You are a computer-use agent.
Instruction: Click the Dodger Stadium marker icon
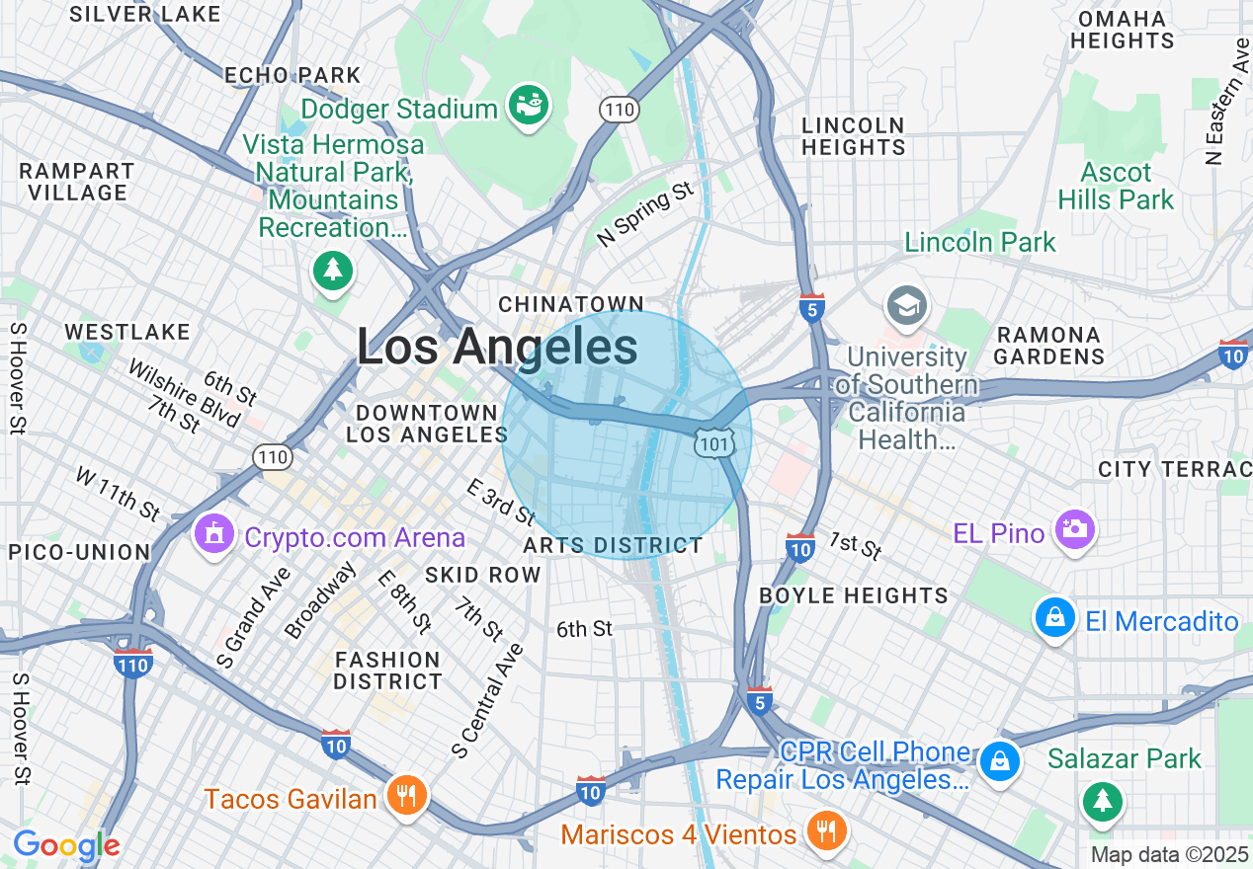529,105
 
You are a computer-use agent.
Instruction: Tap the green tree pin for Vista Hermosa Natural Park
332,270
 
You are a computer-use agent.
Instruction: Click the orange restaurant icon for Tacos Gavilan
405,795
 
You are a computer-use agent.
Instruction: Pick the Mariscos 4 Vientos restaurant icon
825,831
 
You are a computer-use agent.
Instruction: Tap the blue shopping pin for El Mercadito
1054,618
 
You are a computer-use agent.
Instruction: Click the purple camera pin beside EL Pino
1074,529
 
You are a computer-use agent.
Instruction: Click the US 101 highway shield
713,443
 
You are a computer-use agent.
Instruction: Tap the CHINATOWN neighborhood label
571,303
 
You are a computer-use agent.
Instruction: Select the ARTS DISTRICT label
613,545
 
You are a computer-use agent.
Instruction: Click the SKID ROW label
483,575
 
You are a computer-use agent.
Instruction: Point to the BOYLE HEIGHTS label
854,595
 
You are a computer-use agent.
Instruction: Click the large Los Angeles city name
497,348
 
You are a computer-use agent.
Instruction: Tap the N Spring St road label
646,214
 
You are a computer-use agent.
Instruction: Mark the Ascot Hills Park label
1116,186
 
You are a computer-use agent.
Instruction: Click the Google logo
66,845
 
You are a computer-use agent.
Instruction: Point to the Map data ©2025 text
1169,853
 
